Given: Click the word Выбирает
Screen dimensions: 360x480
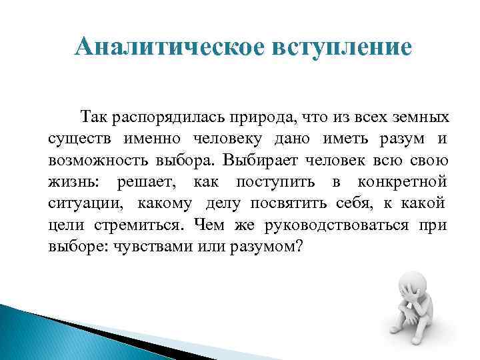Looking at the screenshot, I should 261,161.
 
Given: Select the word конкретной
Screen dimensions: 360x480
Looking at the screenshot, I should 402,182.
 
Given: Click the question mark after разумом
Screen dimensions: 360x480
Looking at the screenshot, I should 299,246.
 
